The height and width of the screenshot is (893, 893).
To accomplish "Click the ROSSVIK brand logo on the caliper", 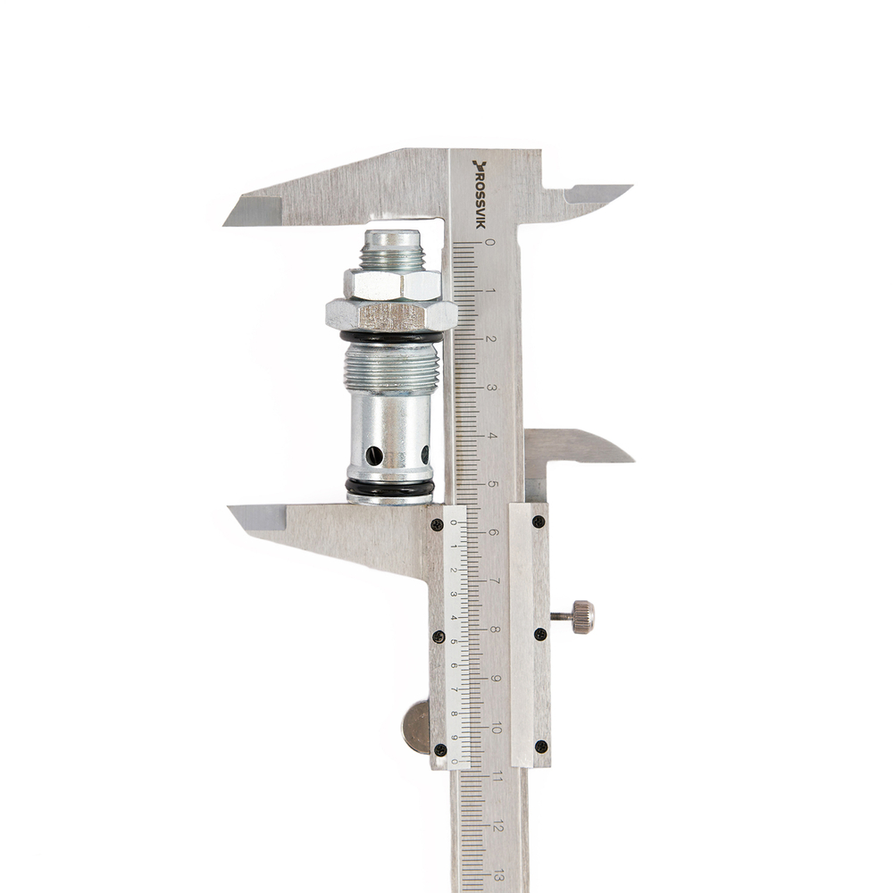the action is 480,194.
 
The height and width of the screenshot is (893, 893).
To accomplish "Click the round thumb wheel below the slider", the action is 416,727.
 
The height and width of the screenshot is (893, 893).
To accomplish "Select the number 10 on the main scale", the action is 496,729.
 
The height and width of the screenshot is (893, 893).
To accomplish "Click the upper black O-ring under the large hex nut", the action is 391,337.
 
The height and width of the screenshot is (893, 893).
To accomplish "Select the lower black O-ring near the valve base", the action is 389,488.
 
